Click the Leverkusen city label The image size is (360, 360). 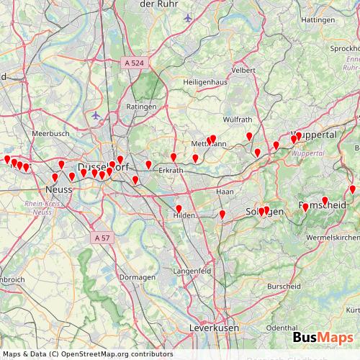[x=214, y=328]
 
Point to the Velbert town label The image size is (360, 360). [x=243, y=70]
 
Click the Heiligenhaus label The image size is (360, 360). [x=205, y=82]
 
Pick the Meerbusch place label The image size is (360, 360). [x=50, y=134]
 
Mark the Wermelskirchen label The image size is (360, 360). [x=333, y=237]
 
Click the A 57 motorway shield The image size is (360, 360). [x=102, y=237]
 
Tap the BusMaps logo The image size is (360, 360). [x=323, y=338]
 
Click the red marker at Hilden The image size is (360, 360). [x=179, y=210]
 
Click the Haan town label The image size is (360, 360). [x=225, y=192]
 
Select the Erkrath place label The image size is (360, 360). [x=171, y=170]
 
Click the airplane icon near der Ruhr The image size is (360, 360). [x=189, y=17]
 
